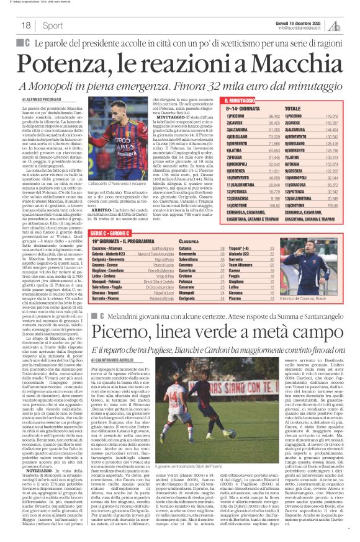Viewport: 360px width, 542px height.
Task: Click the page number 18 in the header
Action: [25, 25]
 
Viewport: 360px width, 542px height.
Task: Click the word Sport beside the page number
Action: [53, 25]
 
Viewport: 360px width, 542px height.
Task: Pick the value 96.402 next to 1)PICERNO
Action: [272, 116]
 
